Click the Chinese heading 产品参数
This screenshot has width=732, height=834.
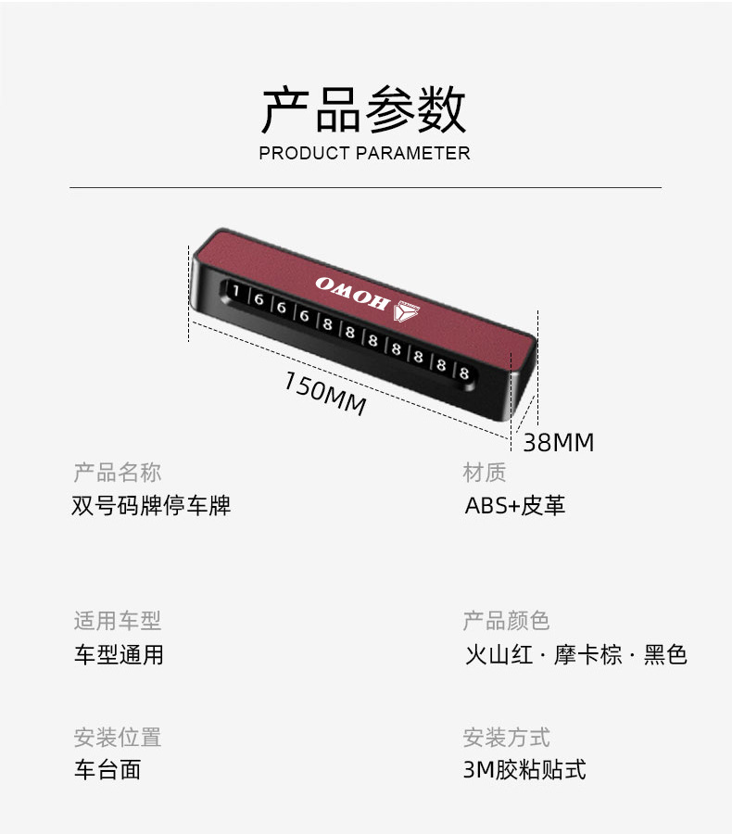coord(364,110)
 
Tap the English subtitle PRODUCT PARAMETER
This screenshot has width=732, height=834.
coord(364,153)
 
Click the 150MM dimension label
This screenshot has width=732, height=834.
coord(324,394)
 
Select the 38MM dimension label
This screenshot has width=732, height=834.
coord(558,443)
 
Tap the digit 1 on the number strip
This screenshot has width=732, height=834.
coord(236,292)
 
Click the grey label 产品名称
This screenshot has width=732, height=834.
coord(118,473)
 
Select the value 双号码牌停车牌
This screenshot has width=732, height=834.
coord(151,506)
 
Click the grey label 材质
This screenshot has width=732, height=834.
coord(485,473)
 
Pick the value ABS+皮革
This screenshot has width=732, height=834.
coord(515,506)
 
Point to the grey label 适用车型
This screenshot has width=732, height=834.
coord(118,621)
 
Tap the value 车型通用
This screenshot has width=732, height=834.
coord(119,655)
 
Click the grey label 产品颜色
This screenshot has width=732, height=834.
coord(506,621)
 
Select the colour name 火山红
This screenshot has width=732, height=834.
coord(499,655)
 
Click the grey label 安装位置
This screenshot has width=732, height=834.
coord(118,738)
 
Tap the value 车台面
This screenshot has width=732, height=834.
coord(107,770)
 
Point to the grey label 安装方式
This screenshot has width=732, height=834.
coord(506,738)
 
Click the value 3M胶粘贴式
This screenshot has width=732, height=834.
coord(524,770)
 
